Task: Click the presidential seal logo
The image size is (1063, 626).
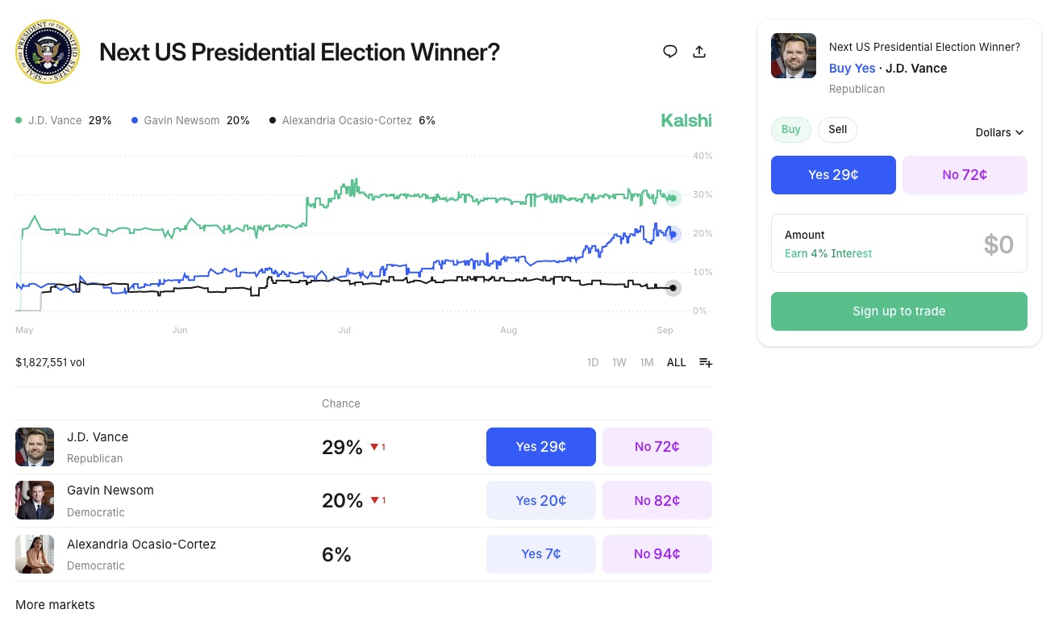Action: pyautogui.click(x=48, y=52)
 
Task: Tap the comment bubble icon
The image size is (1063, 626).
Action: pyautogui.click(x=669, y=52)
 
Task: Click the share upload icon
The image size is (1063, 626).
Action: pyautogui.click(x=699, y=52)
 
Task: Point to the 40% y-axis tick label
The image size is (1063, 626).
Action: pyautogui.click(x=702, y=156)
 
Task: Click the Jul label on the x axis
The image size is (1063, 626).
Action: pyautogui.click(x=344, y=330)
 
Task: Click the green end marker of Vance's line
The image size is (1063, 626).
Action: pyautogui.click(x=673, y=198)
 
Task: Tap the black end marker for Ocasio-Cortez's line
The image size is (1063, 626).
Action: pyautogui.click(x=673, y=288)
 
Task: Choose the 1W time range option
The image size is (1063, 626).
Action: pyautogui.click(x=619, y=362)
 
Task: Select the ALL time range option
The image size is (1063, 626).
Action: pyautogui.click(x=676, y=362)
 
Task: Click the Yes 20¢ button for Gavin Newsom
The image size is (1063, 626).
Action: pyautogui.click(x=540, y=500)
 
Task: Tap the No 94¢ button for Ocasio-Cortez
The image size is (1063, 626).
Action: pyautogui.click(x=657, y=554)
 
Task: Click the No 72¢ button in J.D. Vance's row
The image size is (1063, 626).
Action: pyautogui.click(x=657, y=447)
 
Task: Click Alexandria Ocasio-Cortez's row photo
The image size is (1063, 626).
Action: pyautogui.click(x=35, y=554)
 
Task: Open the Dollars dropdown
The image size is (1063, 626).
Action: pyautogui.click(x=999, y=132)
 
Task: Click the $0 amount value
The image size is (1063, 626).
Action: pyautogui.click(x=998, y=244)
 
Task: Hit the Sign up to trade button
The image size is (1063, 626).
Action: pyautogui.click(x=898, y=311)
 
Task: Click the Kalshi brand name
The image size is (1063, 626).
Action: pyautogui.click(x=686, y=120)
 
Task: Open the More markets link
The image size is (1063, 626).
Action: pyautogui.click(x=55, y=605)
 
